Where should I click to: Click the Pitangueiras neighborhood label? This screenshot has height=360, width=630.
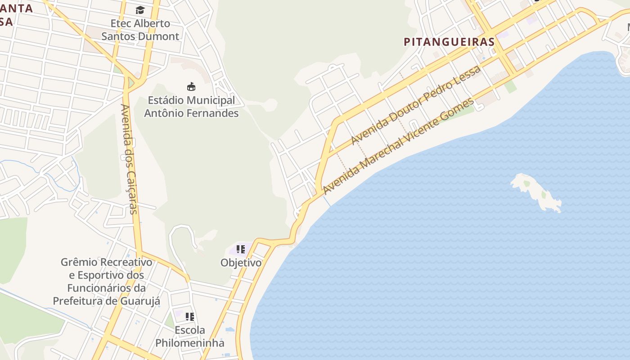pyautogui.click(x=449, y=42)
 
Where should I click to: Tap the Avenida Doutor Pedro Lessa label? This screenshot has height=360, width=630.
pyautogui.click(x=416, y=105)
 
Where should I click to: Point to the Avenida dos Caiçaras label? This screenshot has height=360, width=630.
pyautogui.click(x=128, y=159)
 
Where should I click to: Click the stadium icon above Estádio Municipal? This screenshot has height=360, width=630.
pyautogui.click(x=191, y=86)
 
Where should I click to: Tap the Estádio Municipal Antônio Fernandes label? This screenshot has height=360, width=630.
pyautogui.click(x=191, y=107)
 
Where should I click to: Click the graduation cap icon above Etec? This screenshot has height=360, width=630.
pyautogui.click(x=140, y=10)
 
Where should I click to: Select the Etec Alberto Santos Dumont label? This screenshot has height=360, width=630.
pyautogui.click(x=140, y=30)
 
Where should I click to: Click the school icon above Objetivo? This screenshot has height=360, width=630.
pyautogui.click(x=241, y=249)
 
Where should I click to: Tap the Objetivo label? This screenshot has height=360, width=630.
pyautogui.click(x=241, y=263)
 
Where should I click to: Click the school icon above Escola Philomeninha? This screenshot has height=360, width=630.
pyautogui.click(x=190, y=317)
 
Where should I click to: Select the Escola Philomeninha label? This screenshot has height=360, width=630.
pyautogui.click(x=190, y=336)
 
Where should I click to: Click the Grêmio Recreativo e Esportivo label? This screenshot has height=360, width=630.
pyautogui.click(x=107, y=281)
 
